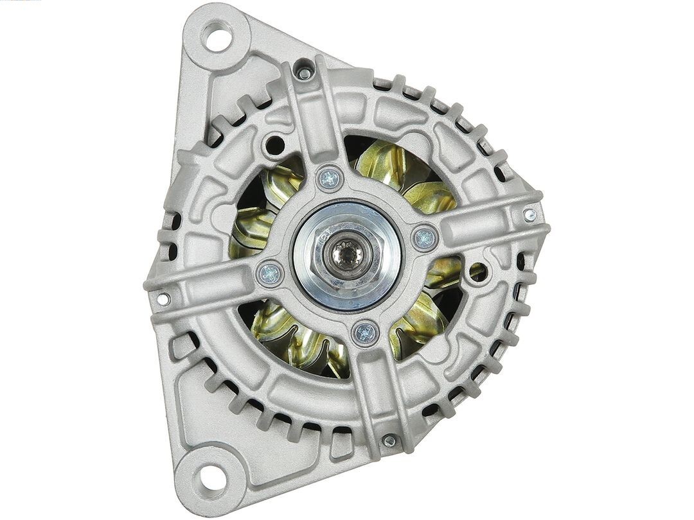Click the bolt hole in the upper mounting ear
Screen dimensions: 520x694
pos(217,37)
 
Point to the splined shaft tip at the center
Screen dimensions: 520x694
pos(348,254)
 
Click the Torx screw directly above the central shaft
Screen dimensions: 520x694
pos(330,178)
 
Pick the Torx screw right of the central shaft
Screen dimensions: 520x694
pos(425,239)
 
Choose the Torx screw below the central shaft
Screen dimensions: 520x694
pos(365,332)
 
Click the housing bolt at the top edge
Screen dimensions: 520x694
pos(305,73)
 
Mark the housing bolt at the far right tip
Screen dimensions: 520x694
pos(529,214)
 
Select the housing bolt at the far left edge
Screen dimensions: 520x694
pos(165,299)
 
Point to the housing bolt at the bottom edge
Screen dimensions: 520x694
pos(389,441)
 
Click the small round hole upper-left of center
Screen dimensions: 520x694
pos(274,144)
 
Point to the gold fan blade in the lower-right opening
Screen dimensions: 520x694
pos(424,321)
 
